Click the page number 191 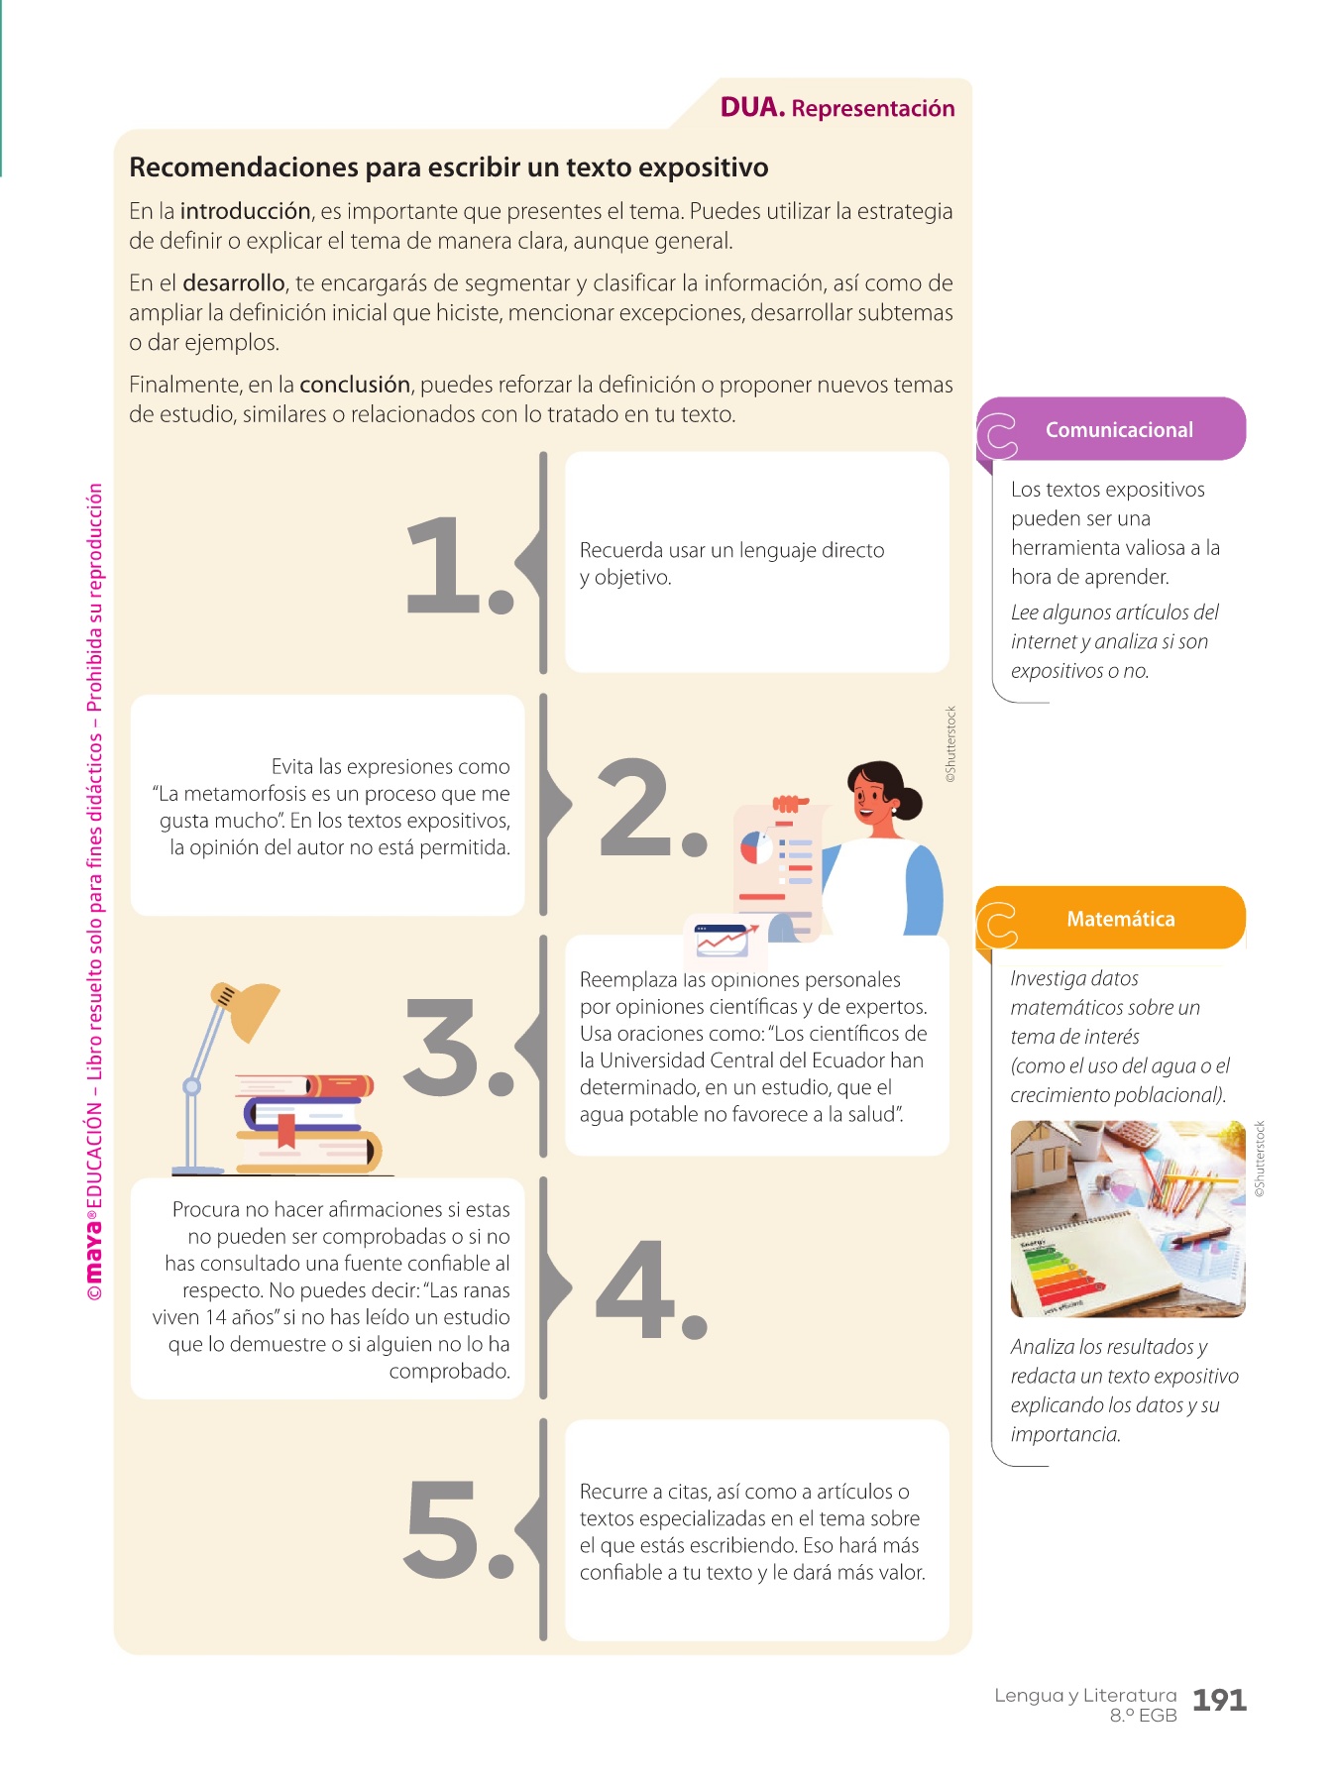click(1219, 1701)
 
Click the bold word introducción click(246, 211)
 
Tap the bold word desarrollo click(234, 283)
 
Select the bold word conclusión click(355, 385)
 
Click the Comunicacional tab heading click(1119, 430)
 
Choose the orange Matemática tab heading click(1121, 919)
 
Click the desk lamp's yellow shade click(248, 1009)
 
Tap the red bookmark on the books click(286, 1131)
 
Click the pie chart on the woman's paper click(757, 848)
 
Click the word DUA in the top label click(752, 107)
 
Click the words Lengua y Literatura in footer click(1085, 1696)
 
